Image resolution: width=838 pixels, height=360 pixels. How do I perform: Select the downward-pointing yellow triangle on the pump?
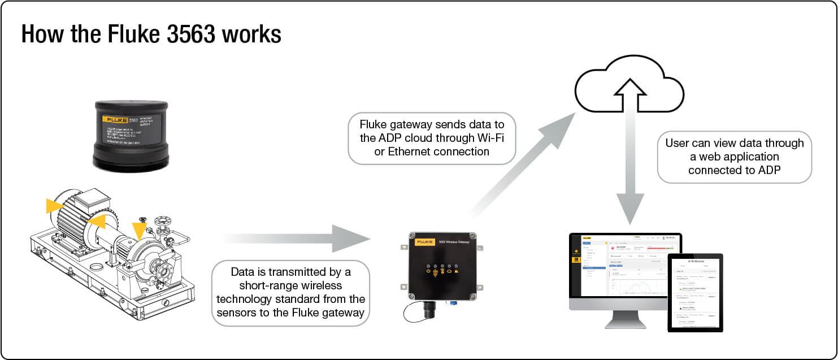click(139, 229)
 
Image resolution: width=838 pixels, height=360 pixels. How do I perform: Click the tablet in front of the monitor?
click(695, 292)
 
